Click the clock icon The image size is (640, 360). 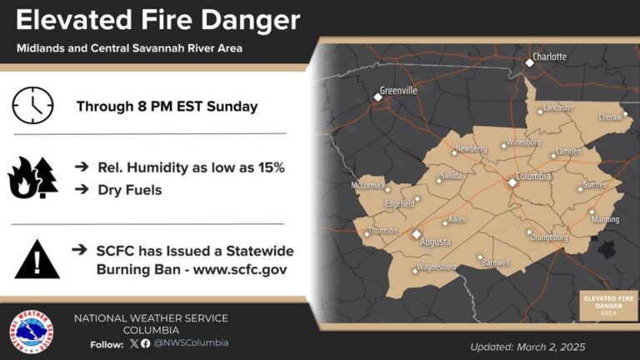coord(32,106)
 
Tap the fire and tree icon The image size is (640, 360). coord(32,177)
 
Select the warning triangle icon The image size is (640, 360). coord(37,260)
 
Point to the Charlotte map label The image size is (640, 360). coord(549,57)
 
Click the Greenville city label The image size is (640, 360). coord(398,90)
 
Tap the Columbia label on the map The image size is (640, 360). coord(534,177)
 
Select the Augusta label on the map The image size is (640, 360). coord(435,242)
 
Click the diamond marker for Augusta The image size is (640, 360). coord(416,235)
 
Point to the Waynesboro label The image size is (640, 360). coord(437,267)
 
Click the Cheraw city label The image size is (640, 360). coord(610,117)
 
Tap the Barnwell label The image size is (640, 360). coord(497,263)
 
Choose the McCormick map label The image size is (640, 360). coord(367,185)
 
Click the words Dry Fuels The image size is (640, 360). coord(128,190)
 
